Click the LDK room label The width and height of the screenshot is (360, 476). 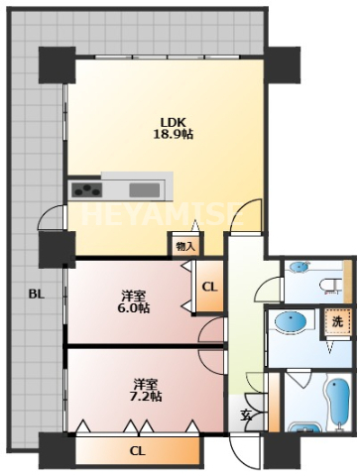click(x=173, y=122)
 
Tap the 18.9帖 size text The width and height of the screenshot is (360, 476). click(x=173, y=135)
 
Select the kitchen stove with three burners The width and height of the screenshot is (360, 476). click(x=86, y=190)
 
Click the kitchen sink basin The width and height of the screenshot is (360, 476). click(x=145, y=190)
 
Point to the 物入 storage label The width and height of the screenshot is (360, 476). click(x=185, y=246)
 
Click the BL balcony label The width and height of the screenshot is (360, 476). click(x=37, y=294)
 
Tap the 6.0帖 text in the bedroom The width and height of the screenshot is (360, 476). click(x=133, y=308)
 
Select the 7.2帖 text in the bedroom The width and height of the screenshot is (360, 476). click(x=145, y=396)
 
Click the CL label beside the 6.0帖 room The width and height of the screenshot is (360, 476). click(x=209, y=287)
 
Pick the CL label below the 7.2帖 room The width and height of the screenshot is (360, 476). click(x=138, y=451)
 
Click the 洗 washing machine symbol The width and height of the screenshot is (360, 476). click(x=337, y=322)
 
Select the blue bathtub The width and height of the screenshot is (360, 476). click(x=337, y=405)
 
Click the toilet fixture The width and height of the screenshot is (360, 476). click(x=330, y=287)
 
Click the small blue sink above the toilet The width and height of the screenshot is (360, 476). click(x=300, y=267)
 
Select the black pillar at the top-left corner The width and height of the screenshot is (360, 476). click(x=58, y=65)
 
